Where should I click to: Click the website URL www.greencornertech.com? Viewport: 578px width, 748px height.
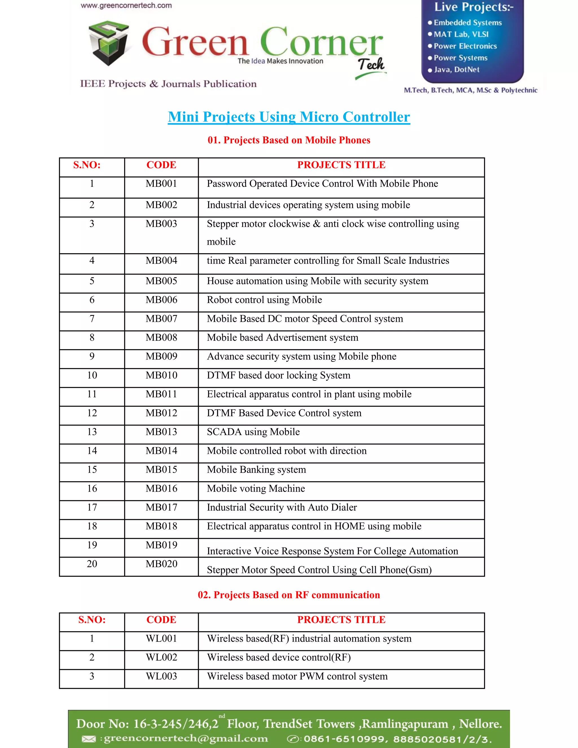126,5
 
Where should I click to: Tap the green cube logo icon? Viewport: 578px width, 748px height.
109,43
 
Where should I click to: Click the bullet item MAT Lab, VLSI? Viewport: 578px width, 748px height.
461,34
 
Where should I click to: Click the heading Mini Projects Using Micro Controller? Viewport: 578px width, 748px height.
289,117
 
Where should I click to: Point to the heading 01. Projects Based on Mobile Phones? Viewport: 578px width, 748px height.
289,140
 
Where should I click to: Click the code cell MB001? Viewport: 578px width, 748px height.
161,183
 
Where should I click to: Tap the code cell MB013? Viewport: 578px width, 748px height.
161,432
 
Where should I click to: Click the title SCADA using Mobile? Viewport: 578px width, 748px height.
253,432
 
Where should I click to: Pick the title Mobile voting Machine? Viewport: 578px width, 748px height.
255,488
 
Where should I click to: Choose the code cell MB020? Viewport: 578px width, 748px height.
161,564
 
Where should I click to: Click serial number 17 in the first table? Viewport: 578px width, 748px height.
92,507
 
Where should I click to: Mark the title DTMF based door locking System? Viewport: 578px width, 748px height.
278,375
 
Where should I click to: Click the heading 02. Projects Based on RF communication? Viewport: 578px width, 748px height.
289,595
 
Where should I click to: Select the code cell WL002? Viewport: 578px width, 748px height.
161,657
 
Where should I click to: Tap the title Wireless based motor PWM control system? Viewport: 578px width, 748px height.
297,676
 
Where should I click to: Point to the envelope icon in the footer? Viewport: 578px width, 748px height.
89,739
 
